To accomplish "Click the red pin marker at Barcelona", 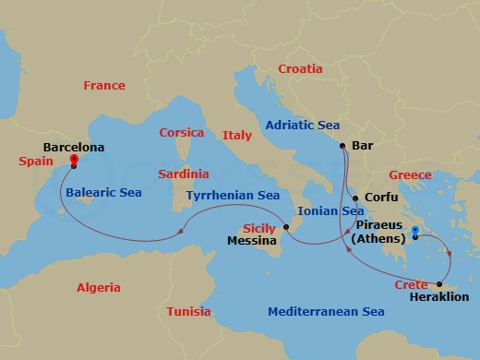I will click(74, 161).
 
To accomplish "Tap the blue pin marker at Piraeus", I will click(416, 232).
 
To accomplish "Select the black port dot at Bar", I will click(342, 146).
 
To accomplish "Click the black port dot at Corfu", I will click(355, 197).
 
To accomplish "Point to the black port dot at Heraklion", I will click(439, 284).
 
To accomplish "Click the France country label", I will click(104, 86).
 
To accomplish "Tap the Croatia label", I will click(301, 69).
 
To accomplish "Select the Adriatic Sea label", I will click(303, 125).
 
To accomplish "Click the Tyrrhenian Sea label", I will click(233, 196).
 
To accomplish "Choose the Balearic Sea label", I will click(103, 193).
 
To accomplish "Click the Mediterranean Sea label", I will click(326, 312).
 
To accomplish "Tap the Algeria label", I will click(99, 287).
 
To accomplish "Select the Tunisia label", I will click(189, 312).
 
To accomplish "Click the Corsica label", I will click(182, 133).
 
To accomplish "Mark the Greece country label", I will click(411, 175).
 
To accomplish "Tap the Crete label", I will click(411, 285).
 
